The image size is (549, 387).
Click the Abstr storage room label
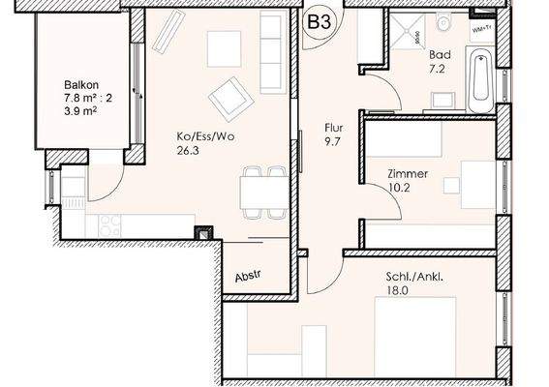coord(248,277)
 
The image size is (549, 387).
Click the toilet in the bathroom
coord(442,20)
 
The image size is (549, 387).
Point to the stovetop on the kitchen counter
coord(110,222)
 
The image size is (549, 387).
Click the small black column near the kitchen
coord(202,232)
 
